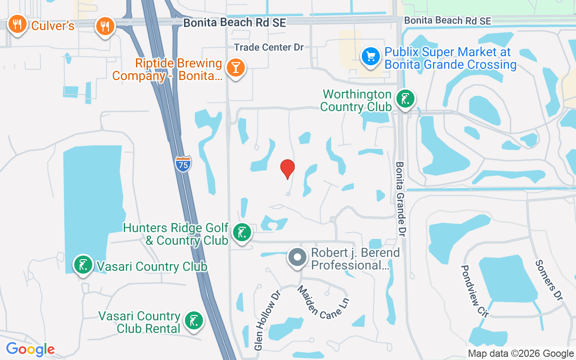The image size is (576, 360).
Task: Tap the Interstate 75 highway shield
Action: click(183, 164)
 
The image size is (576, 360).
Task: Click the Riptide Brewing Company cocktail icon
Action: click(234, 67)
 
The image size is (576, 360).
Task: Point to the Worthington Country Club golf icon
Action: click(405, 99)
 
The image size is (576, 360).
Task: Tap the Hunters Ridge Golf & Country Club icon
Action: click(242, 233)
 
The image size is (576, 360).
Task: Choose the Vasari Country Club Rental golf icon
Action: click(194, 321)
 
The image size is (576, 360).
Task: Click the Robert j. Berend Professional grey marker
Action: click(297, 258)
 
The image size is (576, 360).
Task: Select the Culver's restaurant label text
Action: click(53, 26)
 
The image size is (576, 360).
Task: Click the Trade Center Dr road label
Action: click(269, 47)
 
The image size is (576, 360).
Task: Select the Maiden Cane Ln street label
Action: click(323, 302)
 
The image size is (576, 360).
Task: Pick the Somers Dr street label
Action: click(549, 280)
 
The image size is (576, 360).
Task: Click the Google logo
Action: click(30, 349)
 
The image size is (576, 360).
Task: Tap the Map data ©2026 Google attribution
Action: click(521, 354)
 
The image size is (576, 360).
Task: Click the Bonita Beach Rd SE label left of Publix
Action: click(234, 22)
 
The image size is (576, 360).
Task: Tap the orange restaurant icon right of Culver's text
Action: click(105, 26)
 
